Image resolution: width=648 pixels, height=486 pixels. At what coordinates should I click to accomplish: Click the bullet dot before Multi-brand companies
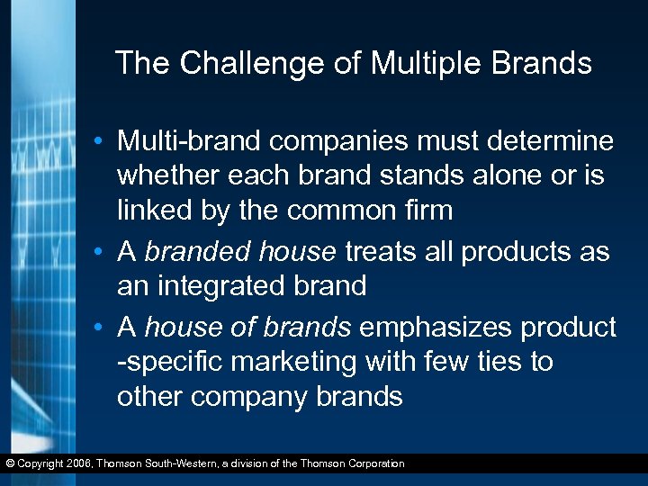pos(105,142)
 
